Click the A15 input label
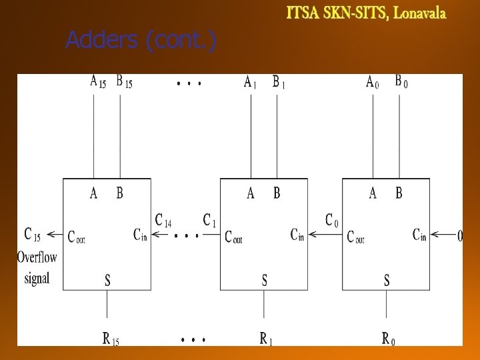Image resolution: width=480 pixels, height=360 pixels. coord(98,82)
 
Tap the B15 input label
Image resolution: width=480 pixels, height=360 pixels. coord(124,82)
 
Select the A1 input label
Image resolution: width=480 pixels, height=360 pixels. coord(250,82)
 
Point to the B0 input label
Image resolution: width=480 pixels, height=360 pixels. coord(401,81)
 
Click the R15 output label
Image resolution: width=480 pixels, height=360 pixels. coord(111,339)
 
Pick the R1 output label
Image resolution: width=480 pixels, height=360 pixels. coord(266,339)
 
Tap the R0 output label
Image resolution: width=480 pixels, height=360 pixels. coord(389,339)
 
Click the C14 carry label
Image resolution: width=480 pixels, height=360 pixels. coord(163,221)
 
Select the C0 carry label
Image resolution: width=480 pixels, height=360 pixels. coord(332,221)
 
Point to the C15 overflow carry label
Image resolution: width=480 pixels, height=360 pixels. coord(32,235)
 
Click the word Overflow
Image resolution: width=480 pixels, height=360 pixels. coord(37,257)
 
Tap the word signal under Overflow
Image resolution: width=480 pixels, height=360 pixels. coord(37,278)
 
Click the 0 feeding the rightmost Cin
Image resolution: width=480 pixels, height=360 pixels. coord(460,236)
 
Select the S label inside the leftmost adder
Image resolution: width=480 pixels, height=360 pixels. coord(107,280)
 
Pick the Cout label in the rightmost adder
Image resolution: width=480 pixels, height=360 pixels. coord(356,237)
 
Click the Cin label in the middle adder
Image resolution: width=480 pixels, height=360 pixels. coord(297,235)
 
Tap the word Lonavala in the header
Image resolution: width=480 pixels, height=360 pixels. coord(419,13)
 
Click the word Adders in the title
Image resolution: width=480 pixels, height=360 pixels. coord(101,39)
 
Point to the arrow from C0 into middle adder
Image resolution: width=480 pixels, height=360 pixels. coord(325,235)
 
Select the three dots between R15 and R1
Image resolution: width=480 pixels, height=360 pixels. coord(193,339)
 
